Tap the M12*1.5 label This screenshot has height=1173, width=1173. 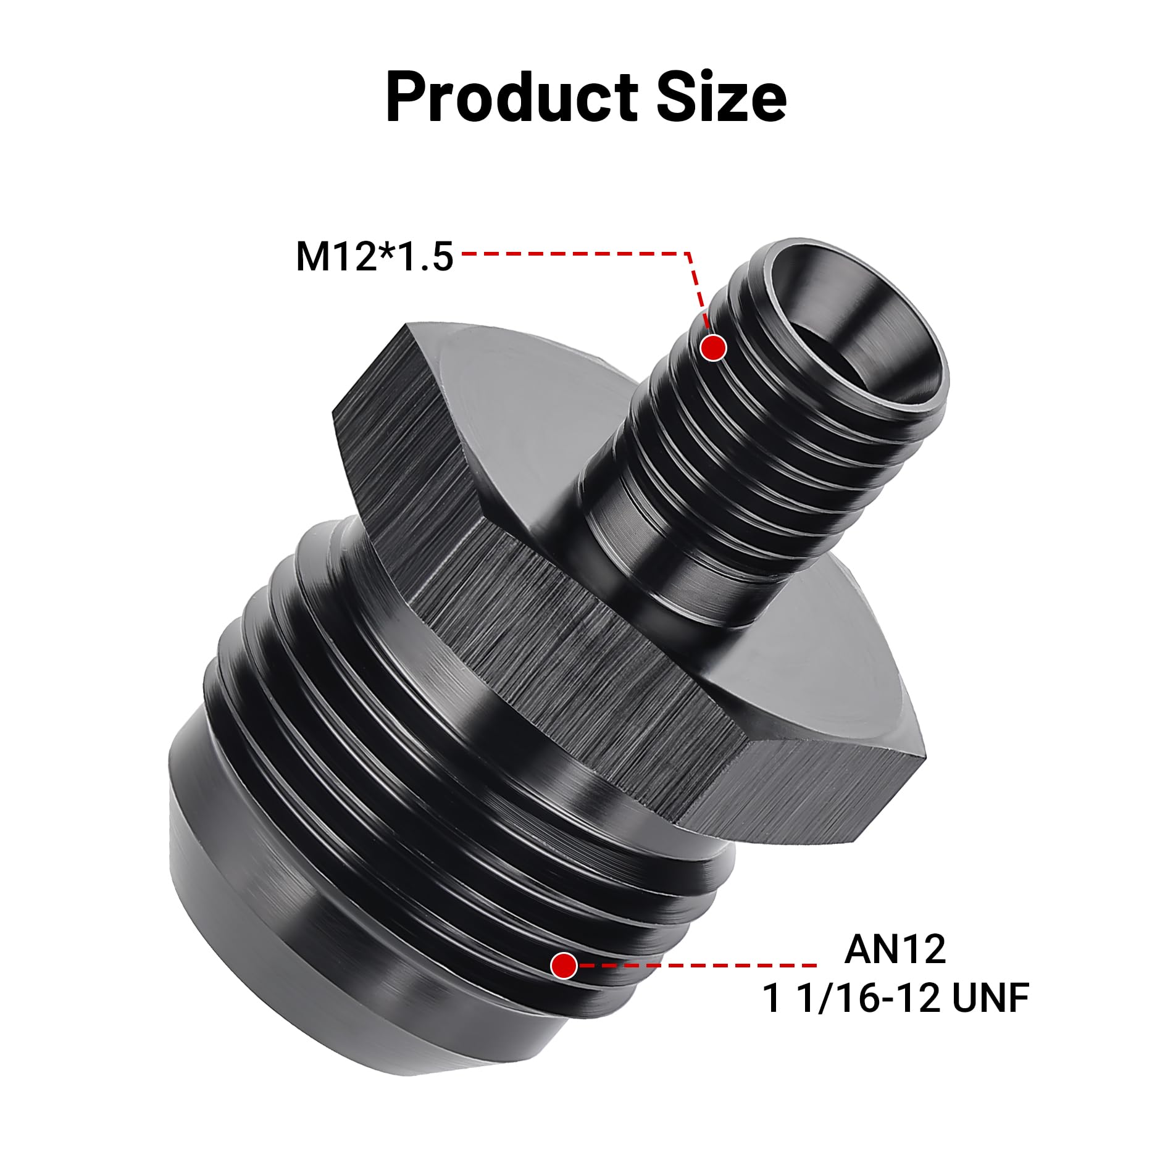pyautogui.click(x=375, y=256)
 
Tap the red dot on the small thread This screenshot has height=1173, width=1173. pyautogui.click(x=714, y=348)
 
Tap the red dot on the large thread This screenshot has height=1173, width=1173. pyautogui.click(x=564, y=966)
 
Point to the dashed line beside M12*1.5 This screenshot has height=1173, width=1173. pyautogui.click(x=574, y=253)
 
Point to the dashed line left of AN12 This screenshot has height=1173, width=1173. pyautogui.click(x=698, y=966)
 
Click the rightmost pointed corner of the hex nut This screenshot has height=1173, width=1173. pyautogui.click(x=924, y=752)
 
